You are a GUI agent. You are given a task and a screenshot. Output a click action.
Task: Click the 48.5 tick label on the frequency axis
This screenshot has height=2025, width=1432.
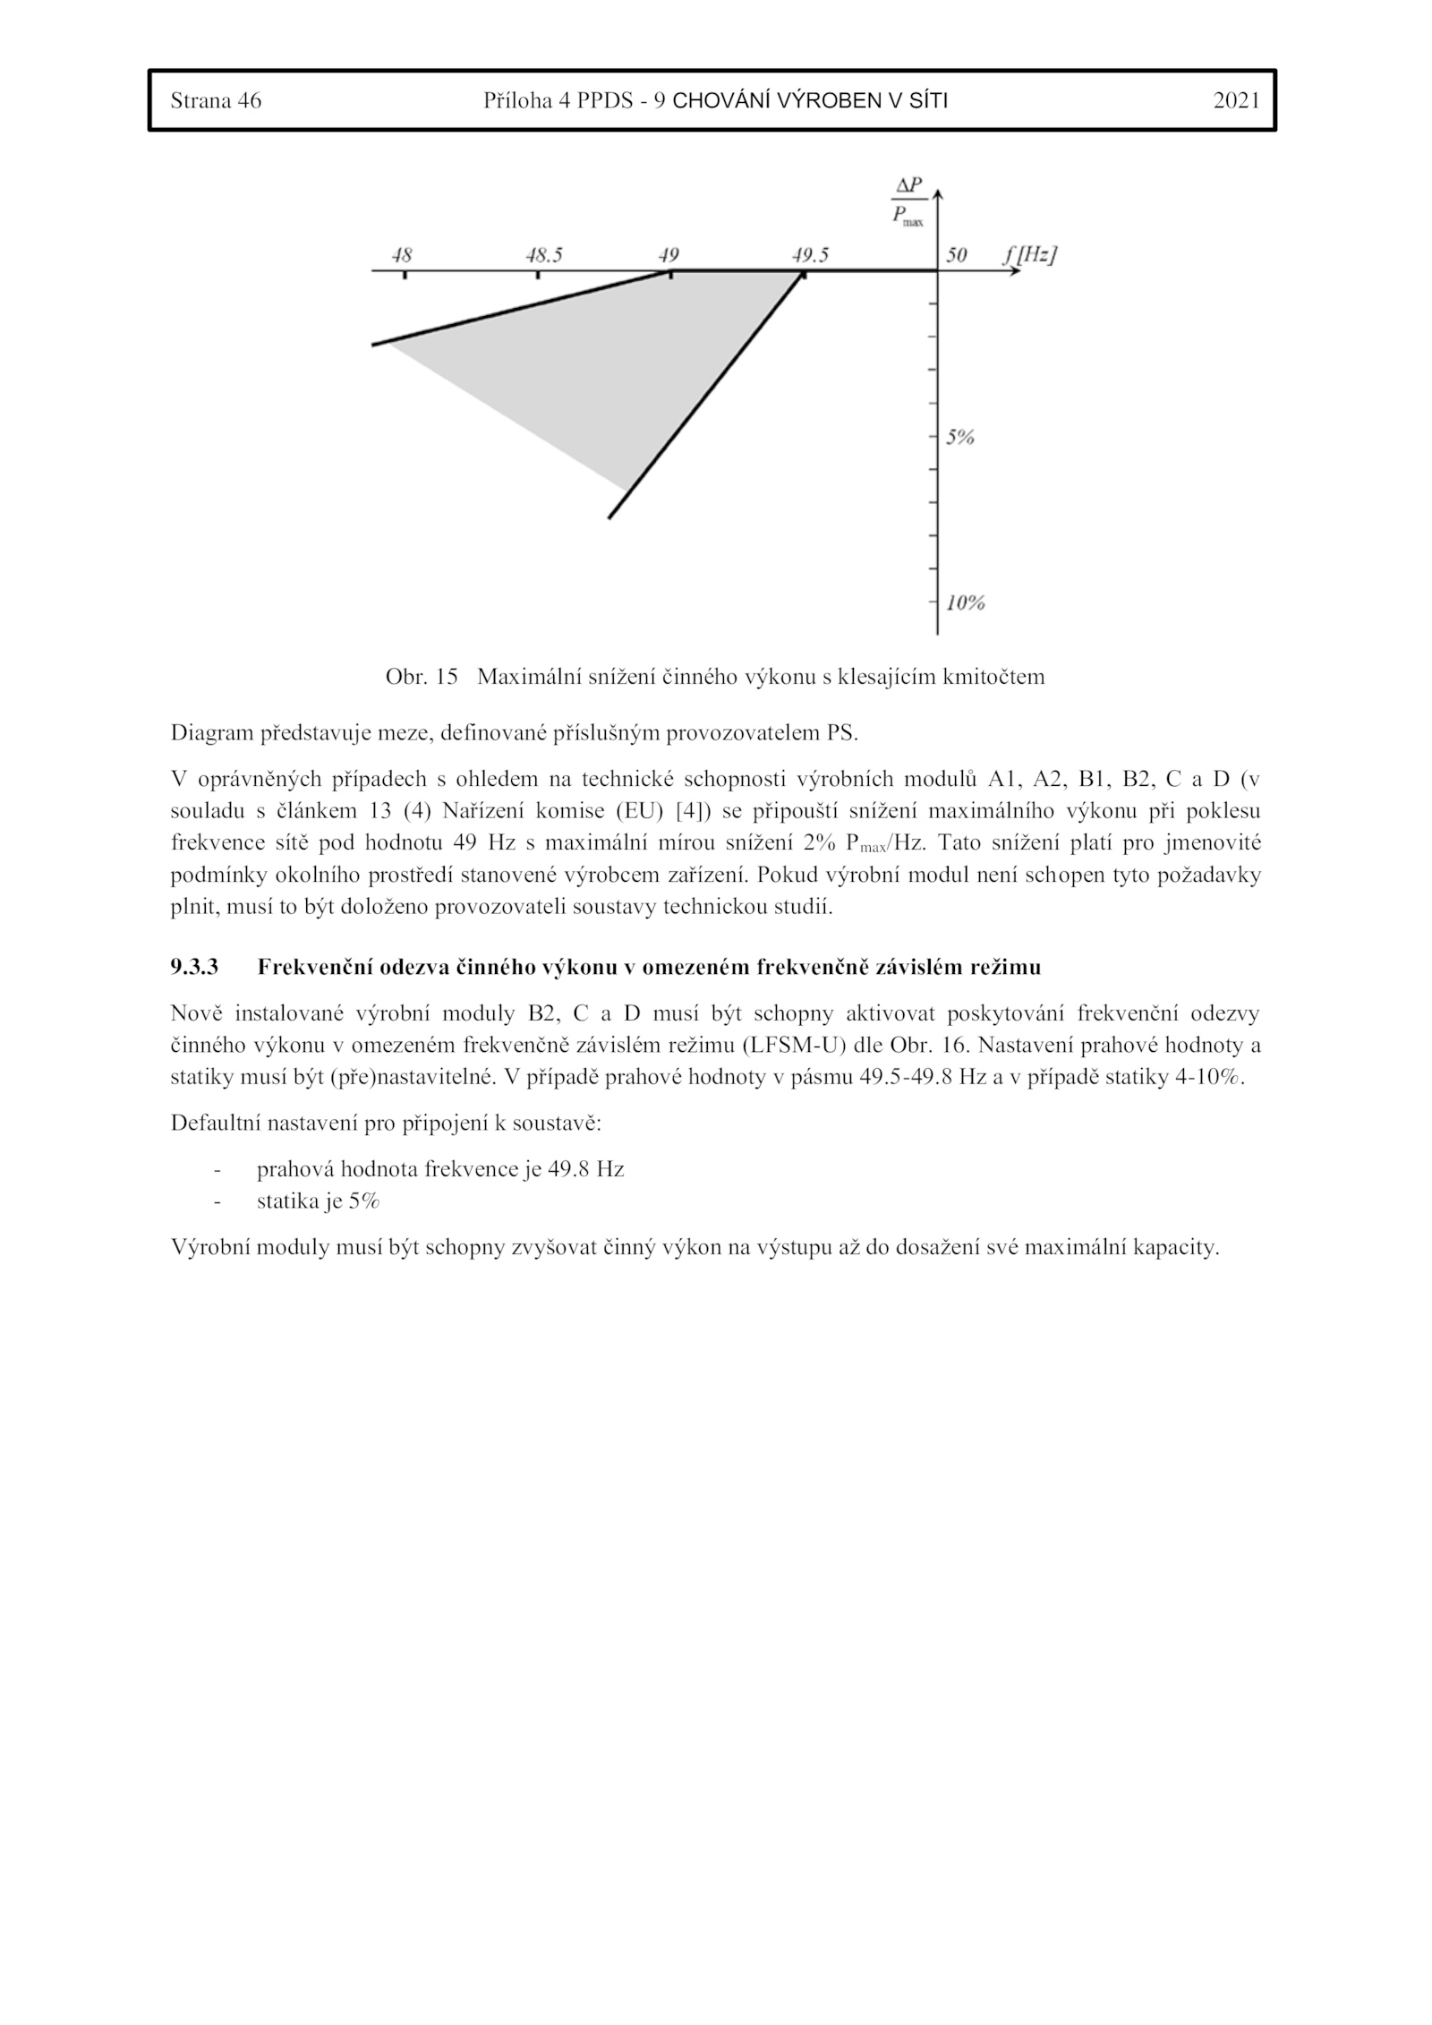point(543,255)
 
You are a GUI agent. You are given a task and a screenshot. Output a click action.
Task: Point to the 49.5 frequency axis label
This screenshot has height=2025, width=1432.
point(809,255)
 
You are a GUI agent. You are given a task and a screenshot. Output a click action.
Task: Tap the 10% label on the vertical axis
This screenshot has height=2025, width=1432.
point(965,602)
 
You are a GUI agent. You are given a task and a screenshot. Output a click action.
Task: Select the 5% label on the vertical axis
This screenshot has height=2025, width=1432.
point(960,438)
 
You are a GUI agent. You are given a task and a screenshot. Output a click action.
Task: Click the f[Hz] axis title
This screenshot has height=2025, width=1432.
point(1028,254)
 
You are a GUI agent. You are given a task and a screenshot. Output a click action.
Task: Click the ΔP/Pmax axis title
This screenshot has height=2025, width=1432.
point(908,201)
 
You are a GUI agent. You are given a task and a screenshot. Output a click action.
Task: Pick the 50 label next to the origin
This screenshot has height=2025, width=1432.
point(956,255)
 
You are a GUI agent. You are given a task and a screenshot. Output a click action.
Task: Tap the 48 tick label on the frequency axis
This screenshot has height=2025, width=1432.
point(402,255)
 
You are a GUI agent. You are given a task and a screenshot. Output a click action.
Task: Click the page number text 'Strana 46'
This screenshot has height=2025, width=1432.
point(216,100)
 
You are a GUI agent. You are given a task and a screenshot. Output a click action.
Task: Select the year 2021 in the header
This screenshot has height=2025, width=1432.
point(1236,100)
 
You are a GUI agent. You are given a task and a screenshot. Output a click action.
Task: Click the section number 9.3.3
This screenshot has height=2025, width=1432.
point(194,967)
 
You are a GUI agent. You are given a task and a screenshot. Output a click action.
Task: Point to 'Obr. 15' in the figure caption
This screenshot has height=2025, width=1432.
point(421,677)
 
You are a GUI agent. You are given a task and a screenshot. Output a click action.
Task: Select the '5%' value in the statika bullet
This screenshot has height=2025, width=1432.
point(364,1201)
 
